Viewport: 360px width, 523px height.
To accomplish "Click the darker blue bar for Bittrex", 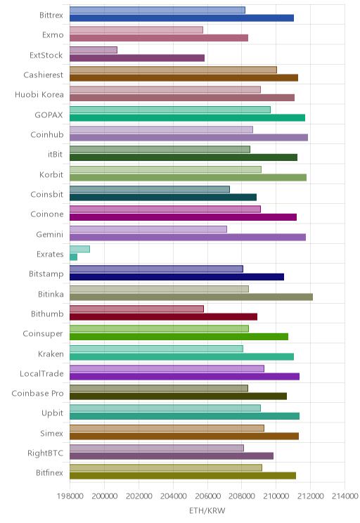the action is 181,18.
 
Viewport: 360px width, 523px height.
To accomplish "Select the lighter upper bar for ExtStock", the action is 94,50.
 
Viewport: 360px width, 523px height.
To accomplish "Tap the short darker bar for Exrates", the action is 73,257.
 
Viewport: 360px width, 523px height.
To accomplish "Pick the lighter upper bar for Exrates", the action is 79,249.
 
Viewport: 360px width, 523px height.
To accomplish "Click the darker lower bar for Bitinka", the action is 191,297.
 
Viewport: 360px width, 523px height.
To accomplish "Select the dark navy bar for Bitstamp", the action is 176,277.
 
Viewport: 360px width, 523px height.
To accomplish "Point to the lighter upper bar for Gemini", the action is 148,229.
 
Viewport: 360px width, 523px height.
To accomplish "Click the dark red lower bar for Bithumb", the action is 164,317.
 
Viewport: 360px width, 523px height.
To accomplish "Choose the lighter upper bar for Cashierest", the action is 173,70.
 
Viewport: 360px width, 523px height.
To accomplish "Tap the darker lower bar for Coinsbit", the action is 163,197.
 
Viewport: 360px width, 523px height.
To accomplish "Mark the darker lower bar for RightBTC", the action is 172,456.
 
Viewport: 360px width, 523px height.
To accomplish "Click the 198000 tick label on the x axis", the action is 70,496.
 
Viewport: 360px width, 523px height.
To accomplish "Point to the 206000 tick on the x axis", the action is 207,496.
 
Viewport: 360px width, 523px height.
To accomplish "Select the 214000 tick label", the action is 345,496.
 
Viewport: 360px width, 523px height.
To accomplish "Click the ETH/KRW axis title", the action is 207,510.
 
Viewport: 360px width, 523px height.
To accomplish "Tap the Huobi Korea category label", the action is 39,95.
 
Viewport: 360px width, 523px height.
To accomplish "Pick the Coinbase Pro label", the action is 37,393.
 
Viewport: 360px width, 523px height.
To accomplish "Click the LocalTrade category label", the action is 41,373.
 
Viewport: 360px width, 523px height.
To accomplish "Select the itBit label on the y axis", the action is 55,154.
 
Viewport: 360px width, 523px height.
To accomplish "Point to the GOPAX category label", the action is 49,115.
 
